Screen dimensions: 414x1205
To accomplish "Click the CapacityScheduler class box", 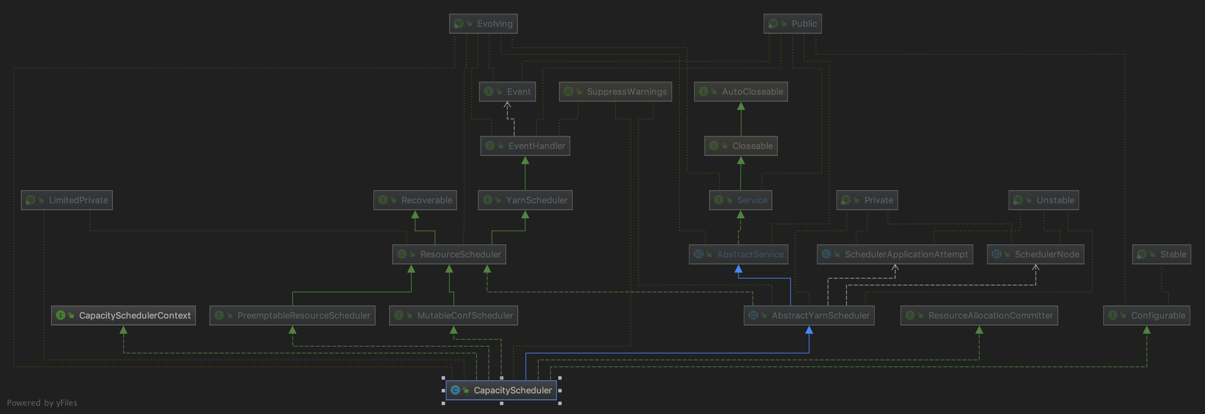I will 501,390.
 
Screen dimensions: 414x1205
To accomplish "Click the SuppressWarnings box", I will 615,91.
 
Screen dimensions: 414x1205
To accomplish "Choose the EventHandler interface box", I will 525,146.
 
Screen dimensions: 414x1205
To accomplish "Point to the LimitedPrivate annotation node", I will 67,200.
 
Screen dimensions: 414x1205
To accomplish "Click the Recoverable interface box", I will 415,200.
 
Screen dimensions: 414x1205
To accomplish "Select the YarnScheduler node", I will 525,200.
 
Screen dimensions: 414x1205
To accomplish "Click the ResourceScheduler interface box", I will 449,254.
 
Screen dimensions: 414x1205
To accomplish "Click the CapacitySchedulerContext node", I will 123,315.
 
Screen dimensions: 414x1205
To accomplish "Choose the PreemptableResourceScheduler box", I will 293,315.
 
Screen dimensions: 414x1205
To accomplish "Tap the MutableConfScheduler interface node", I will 453,315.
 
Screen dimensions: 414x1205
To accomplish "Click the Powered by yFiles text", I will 42,403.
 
